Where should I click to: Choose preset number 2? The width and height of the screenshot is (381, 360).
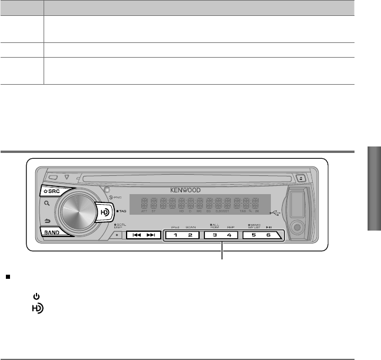[x=190, y=235]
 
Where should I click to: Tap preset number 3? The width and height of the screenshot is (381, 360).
[x=214, y=235]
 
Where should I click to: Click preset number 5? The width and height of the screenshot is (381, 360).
[x=254, y=235]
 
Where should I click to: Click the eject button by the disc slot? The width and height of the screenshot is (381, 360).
[x=300, y=175]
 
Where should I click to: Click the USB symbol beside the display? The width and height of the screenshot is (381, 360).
[x=275, y=212]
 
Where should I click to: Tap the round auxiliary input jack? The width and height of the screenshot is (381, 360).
[x=299, y=226]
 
